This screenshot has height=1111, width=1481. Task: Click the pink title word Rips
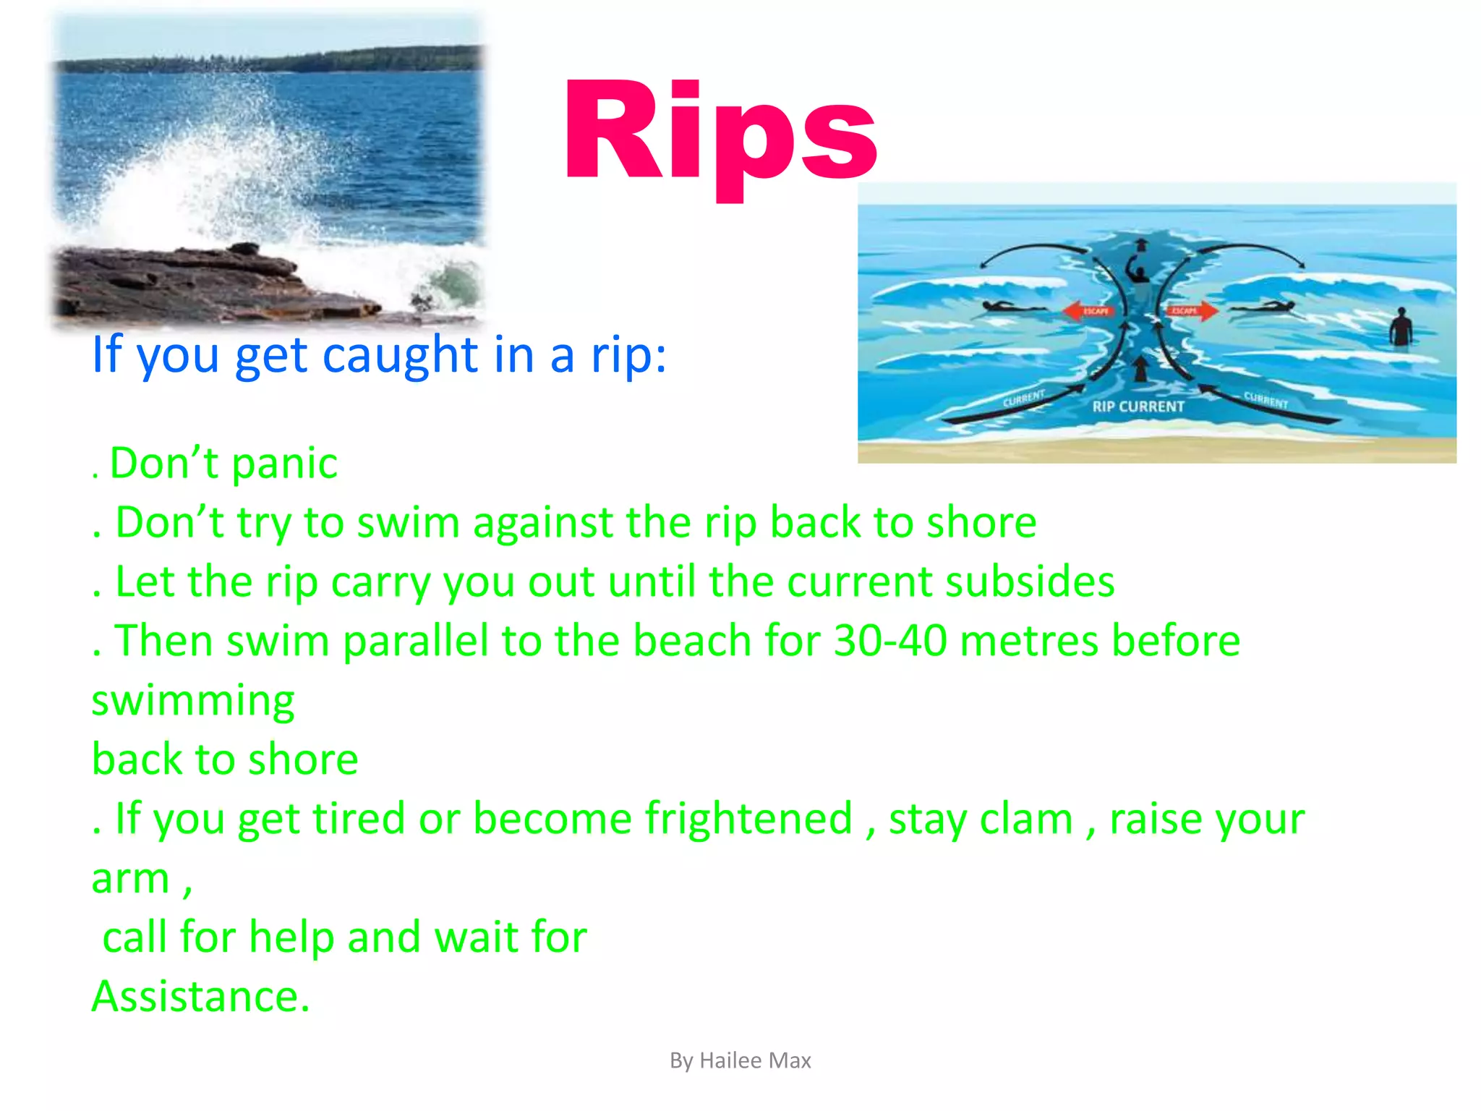pos(720,134)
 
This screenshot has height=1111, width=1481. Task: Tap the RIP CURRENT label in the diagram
pos(1138,407)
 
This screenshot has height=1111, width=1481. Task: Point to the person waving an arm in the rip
pos(1138,273)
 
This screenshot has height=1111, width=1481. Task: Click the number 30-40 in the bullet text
pos(890,641)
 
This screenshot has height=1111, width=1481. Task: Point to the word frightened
pos(748,819)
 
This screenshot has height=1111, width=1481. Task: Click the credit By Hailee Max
pos(740,1060)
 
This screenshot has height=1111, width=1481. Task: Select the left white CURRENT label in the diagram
pos(1023,399)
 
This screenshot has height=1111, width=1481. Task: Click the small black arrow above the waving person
pos(1141,244)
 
